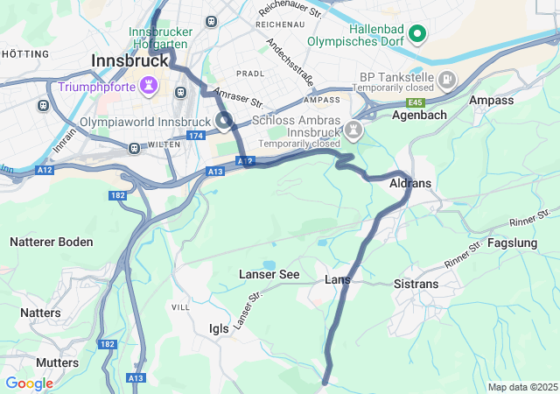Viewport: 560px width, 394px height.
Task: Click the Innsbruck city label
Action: (x=129, y=61)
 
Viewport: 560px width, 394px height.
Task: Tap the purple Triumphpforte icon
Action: (x=154, y=87)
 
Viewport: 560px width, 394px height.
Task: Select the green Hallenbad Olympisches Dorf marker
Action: (x=418, y=35)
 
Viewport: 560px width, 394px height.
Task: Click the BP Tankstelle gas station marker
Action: (x=447, y=80)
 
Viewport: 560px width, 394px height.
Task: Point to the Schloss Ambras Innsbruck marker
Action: (x=354, y=130)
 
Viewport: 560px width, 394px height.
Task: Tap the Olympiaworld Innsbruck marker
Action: (x=224, y=121)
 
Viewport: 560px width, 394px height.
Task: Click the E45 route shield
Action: (x=415, y=102)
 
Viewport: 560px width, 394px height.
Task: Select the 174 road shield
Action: (x=196, y=136)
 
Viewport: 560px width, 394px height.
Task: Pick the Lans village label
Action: (x=338, y=279)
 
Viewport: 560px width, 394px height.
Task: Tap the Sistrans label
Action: (x=416, y=284)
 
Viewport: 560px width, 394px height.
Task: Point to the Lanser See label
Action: (x=269, y=275)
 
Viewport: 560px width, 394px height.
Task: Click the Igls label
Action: (x=219, y=328)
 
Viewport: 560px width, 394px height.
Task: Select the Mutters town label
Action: (x=58, y=362)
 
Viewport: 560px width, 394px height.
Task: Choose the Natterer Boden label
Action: (x=52, y=242)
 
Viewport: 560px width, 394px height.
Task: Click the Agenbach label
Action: (x=419, y=115)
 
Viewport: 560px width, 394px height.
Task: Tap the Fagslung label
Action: (x=513, y=243)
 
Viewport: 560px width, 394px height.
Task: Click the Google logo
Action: (x=29, y=383)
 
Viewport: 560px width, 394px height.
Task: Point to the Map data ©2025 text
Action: (x=522, y=387)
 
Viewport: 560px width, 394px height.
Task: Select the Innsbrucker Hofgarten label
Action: (x=160, y=39)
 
